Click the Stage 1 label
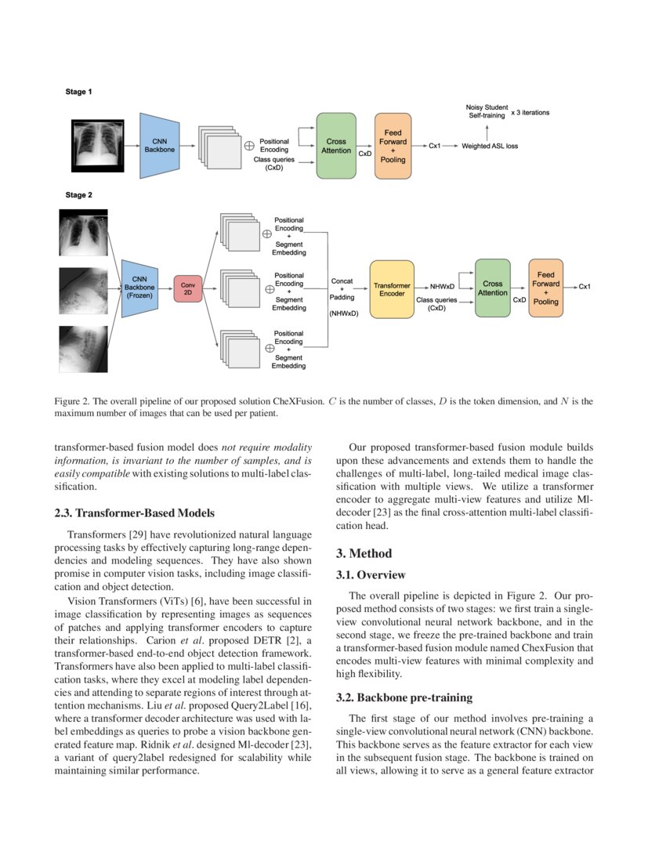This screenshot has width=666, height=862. click(78, 92)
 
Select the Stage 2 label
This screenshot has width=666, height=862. click(78, 195)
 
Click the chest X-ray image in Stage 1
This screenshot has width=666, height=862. click(98, 146)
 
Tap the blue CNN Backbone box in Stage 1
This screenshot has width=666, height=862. click(160, 145)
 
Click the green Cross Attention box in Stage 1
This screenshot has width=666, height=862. click(336, 146)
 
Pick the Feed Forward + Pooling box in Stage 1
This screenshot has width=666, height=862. click(393, 146)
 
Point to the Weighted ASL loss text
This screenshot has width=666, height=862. click(490, 146)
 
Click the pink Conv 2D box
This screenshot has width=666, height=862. click(187, 288)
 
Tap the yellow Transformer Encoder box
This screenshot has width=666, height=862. click(392, 288)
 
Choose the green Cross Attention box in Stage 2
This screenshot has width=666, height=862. click(493, 288)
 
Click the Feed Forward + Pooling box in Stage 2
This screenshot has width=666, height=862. click(545, 288)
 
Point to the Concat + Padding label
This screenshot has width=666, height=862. click(342, 288)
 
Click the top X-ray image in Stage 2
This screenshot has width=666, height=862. click(83, 232)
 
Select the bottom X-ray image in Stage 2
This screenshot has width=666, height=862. click(83, 349)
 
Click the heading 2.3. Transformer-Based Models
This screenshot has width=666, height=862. click(134, 513)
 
